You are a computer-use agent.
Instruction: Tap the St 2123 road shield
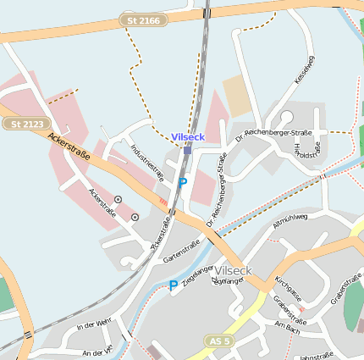tap(26, 124)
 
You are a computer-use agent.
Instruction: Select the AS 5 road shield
tap(219, 341)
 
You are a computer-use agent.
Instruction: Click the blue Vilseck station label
tap(188, 136)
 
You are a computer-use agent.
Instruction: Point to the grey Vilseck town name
tap(233, 270)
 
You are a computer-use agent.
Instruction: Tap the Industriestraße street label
tap(147, 160)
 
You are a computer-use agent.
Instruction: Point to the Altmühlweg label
tap(290, 221)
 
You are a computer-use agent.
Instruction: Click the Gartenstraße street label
tap(181, 252)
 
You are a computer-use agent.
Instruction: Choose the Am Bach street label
tap(287, 328)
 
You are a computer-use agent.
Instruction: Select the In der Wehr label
tap(94, 324)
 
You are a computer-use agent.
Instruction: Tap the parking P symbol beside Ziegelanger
tap(174, 285)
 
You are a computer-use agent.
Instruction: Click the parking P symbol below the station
tap(182, 182)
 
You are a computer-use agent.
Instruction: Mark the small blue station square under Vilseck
tap(187, 150)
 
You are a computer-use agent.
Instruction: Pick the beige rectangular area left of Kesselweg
tap(238, 95)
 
